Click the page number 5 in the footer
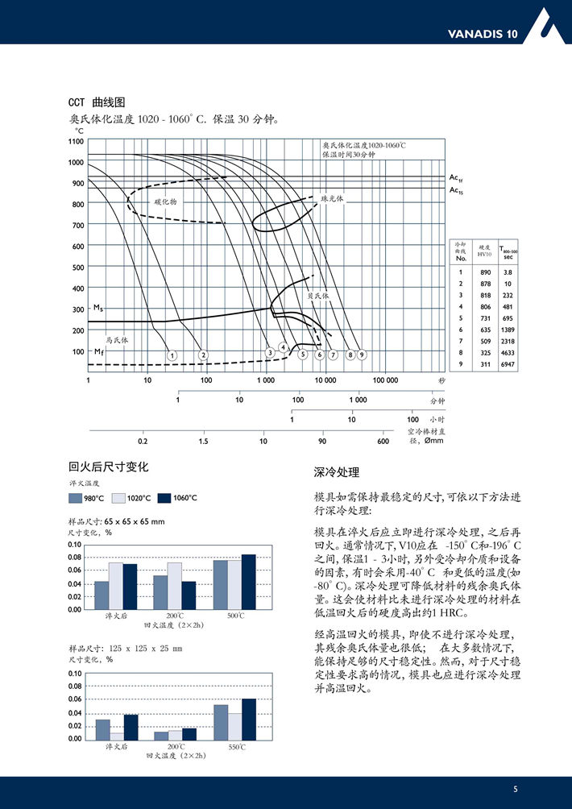(x=516, y=789)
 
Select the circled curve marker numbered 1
(x=172, y=355)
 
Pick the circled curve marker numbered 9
(x=362, y=355)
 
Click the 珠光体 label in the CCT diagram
(x=332, y=197)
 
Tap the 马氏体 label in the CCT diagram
(x=118, y=340)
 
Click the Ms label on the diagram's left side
(x=97, y=308)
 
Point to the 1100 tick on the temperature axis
(x=76, y=141)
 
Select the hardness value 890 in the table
(x=484, y=272)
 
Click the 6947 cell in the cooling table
(x=508, y=363)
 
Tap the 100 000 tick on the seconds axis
(x=385, y=380)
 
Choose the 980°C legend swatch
(x=77, y=498)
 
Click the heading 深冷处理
(x=336, y=472)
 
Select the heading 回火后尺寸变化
(x=109, y=467)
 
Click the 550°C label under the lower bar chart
(x=237, y=747)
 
